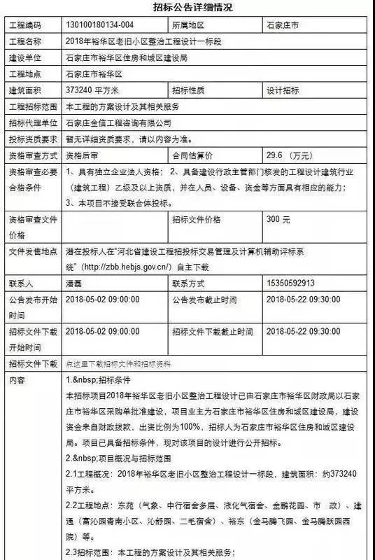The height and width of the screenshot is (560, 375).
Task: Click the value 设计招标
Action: click(283, 90)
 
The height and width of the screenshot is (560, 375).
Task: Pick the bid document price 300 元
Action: click(278, 219)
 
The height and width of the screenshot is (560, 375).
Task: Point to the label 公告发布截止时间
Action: click(204, 300)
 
